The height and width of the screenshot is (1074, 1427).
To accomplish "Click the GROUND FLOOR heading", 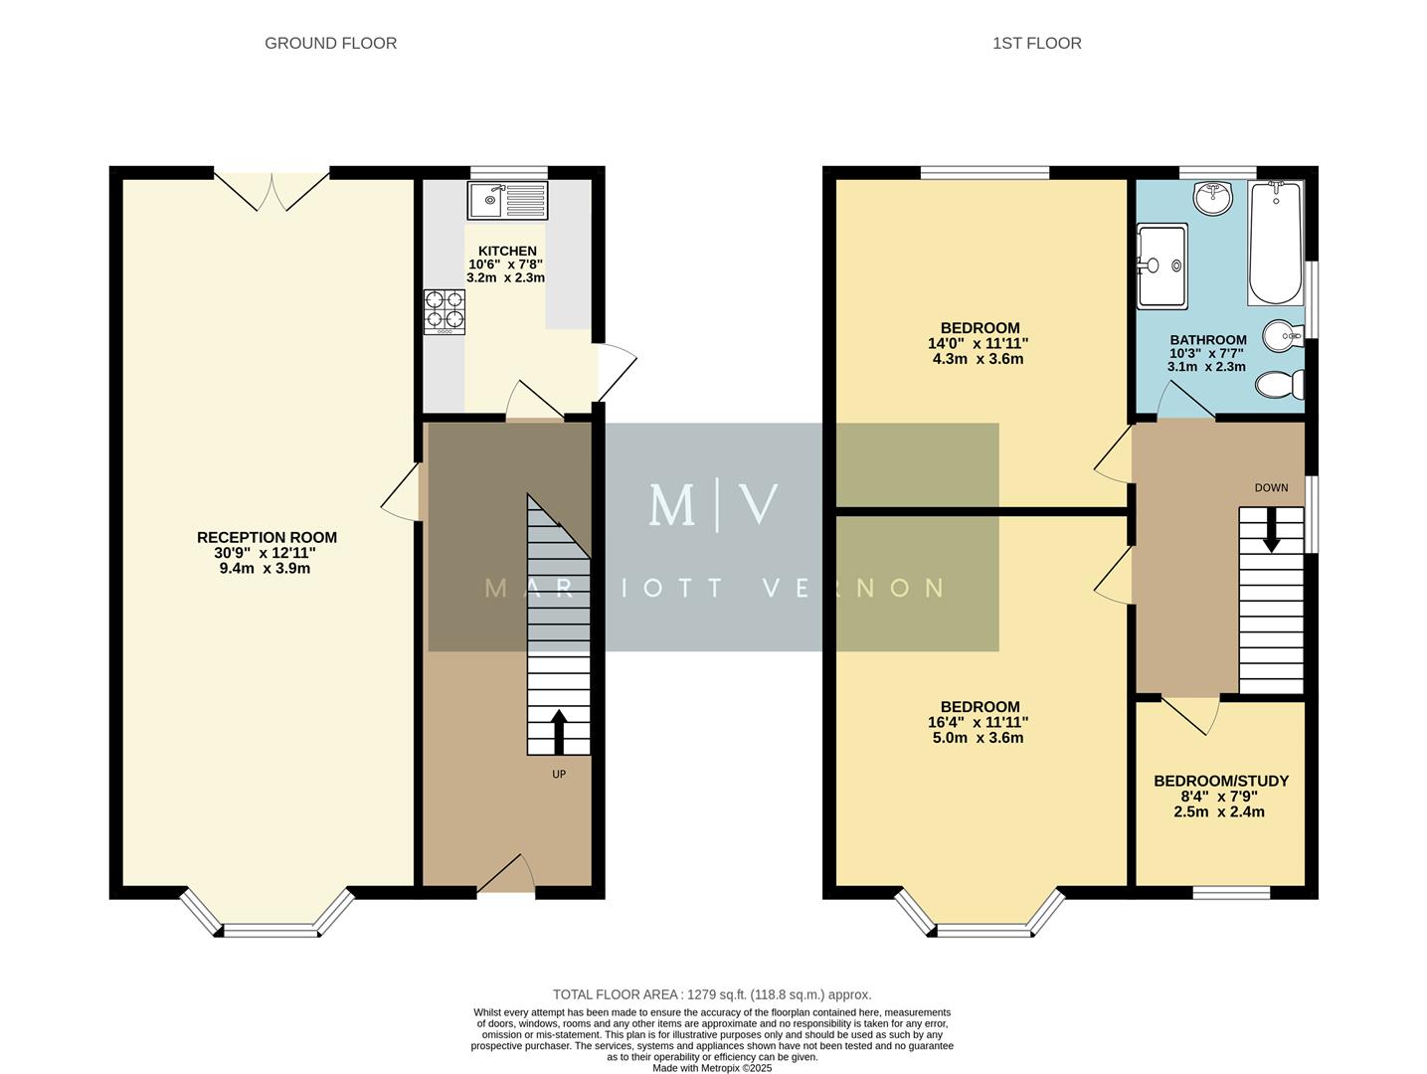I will [330, 43].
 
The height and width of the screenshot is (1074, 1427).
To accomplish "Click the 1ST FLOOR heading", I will [1036, 43].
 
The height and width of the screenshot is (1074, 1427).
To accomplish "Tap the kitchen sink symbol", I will [507, 200].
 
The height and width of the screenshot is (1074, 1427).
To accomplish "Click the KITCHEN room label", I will [507, 252].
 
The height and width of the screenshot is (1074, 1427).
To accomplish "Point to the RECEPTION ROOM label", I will [267, 538].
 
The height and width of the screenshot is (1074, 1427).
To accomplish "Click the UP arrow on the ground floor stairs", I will [558, 731].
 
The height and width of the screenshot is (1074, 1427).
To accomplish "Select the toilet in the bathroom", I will [1281, 383].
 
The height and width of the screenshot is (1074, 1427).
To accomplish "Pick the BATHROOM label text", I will [1207, 340].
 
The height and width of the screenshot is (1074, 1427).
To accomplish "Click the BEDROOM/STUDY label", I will [1220, 781].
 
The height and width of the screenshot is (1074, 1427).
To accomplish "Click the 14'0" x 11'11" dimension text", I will [979, 343].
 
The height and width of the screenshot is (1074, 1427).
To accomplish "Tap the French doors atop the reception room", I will [271, 190].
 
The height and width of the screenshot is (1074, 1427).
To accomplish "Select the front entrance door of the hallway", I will [507, 875].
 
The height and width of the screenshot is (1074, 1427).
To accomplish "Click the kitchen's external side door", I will [615, 371].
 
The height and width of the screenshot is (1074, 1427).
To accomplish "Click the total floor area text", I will [712, 994].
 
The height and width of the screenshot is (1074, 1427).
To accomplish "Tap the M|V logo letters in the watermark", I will [712, 505].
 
